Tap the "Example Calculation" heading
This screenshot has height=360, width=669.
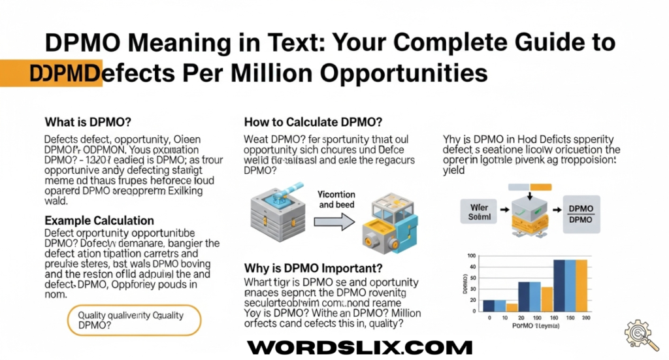[x=99, y=220]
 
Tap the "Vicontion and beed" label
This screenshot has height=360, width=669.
[x=335, y=199]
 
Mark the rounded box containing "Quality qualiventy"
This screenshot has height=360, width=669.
[x=135, y=319]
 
